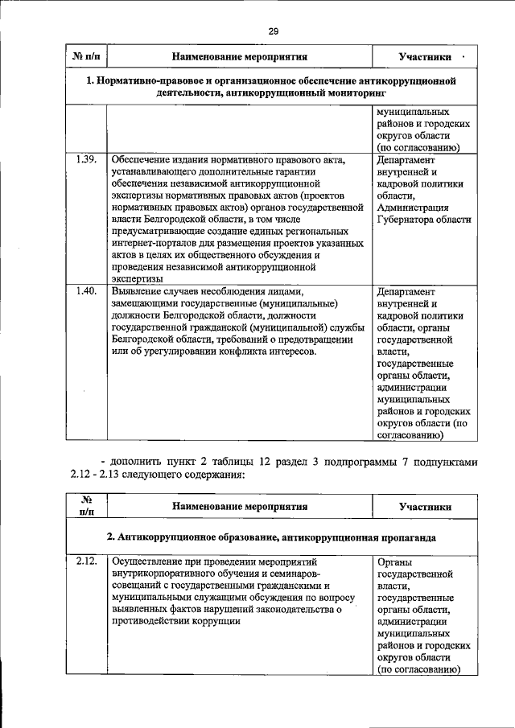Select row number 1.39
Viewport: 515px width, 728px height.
(86, 159)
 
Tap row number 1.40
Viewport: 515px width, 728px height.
(86, 291)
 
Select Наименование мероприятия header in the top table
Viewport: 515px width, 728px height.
(240, 57)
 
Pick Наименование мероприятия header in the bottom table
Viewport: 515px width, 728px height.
(240, 507)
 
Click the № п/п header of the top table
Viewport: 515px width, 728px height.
(86, 57)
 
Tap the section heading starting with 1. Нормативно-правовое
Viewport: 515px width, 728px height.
(271, 87)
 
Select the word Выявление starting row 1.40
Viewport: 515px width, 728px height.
(138, 291)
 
